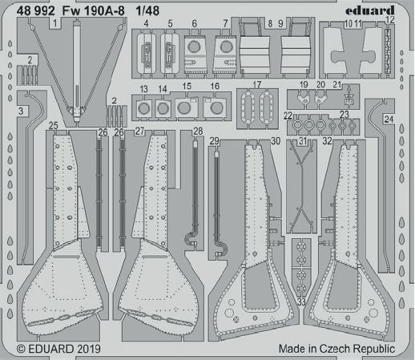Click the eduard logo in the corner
370,10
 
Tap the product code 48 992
35,11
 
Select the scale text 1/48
147,11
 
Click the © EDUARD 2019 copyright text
58,349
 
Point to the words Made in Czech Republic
336,349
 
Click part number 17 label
256,85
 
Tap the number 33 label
301,302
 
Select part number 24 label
389,119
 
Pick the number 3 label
21,111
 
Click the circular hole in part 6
194,47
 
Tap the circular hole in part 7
227,47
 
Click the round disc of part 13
144,108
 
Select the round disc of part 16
215,108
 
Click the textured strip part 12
388,51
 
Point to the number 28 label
198,131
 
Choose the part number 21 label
337,85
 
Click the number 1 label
55,23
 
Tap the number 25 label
54,126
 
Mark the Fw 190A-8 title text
94,11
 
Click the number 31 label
303,141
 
